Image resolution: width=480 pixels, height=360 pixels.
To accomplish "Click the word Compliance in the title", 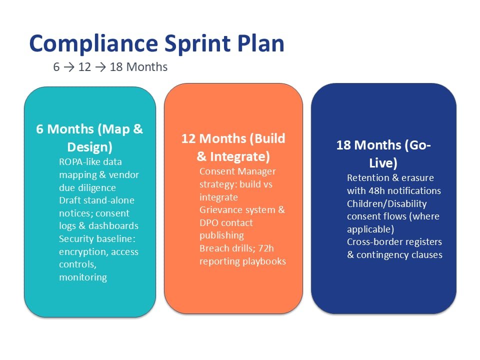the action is point(93,44).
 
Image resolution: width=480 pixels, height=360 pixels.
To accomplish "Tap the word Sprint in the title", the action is point(197,44).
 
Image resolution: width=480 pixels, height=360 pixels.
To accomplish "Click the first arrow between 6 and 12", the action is point(69,67).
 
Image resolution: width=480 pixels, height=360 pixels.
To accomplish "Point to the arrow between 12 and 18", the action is point(100,67).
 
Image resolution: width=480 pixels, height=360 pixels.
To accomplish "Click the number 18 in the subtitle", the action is point(116,66).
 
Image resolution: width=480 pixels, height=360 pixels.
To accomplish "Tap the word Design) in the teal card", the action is point(89,147).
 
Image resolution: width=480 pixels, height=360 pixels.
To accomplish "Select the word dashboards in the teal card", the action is point(113,225).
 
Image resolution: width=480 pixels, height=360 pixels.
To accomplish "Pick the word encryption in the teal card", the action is point(83,252).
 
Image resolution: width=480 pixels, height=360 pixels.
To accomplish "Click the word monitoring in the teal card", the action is point(83,277).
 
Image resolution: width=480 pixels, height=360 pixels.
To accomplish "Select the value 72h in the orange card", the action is point(265,248).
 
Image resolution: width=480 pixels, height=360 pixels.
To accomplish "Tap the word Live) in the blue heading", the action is point(383,163).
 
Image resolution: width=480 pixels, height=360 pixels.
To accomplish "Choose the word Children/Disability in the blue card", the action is point(386,204).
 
